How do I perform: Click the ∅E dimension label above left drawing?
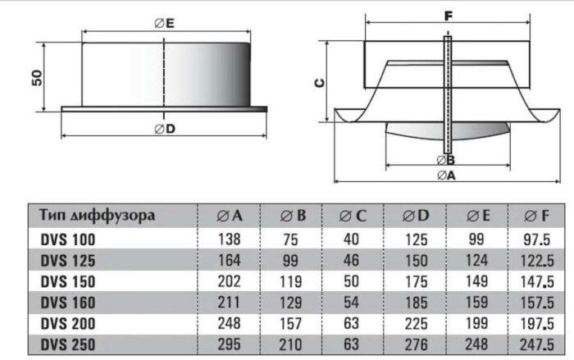pyautogui.click(x=164, y=24)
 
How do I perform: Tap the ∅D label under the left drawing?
pyautogui.click(x=165, y=129)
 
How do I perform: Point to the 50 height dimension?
pyautogui.click(x=37, y=78)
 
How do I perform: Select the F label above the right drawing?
pyautogui.click(x=448, y=16)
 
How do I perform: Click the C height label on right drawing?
pyautogui.click(x=320, y=83)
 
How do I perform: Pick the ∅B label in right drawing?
pyautogui.click(x=446, y=160)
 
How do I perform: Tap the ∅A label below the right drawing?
pyautogui.click(x=446, y=175)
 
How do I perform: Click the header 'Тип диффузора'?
pyautogui.click(x=97, y=216)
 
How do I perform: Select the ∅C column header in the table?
pyautogui.click(x=353, y=216)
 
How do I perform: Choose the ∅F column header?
pyautogui.click(x=536, y=216)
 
